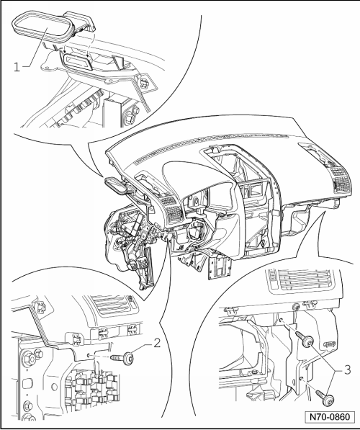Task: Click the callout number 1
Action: (17, 67)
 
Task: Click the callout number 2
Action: (157, 343)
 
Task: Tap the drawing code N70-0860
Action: (330, 417)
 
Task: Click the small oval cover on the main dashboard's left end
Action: (114, 185)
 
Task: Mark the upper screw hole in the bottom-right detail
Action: (281, 320)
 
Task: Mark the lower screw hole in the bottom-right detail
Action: (302, 379)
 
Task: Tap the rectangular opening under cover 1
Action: (78, 62)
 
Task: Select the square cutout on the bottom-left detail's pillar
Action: (27, 383)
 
